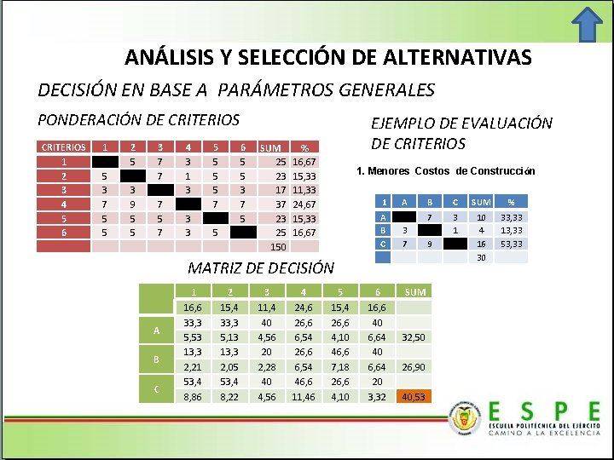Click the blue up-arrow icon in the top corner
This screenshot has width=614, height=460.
[x=586, y=26]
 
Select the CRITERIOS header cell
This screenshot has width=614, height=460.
[x=65, y=147]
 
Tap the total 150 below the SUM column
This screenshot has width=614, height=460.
[x=277, y=247]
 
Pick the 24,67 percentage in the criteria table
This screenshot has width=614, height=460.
[x=304, y=204]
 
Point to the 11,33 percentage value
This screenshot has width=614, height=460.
[x=304, y=189]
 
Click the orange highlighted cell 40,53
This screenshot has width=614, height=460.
[x=414, y=396]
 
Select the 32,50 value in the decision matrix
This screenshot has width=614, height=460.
[x=414, y=336]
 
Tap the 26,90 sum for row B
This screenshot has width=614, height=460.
[x=414, y=366]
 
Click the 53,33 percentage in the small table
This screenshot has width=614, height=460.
[x=512, y=243]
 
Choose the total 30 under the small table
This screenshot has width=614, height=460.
[x=481, y=257]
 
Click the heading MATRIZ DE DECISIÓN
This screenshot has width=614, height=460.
[x=261, y=267]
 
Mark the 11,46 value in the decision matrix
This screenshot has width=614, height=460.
[x=303, y=396]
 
